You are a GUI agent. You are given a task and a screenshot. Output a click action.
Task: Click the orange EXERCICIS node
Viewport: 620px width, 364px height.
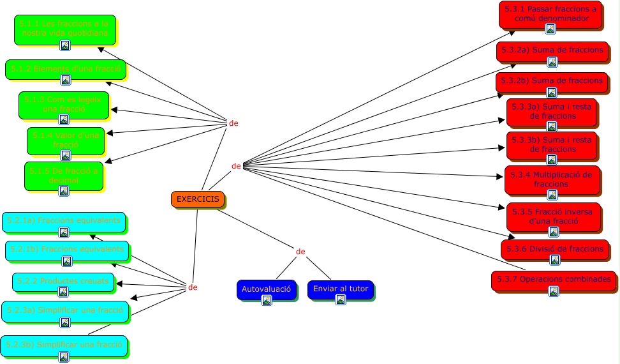pyautogui.click(x=198, y=199)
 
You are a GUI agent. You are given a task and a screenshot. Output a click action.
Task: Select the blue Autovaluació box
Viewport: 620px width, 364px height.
pyautogui.click(x=267, y=289)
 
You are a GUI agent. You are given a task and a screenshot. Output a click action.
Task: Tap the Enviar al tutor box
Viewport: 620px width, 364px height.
pyautogui.click(x=341, y=289)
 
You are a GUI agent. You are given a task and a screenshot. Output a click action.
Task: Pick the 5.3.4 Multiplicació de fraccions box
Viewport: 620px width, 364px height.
pyautogui.click(x=552, y=179)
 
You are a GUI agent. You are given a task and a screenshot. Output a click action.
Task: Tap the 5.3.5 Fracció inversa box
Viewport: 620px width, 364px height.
pyautogui.click(x=552, y=216)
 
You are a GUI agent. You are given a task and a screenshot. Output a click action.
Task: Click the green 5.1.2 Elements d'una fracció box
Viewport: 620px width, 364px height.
pyautogui.click(x=66, y=69)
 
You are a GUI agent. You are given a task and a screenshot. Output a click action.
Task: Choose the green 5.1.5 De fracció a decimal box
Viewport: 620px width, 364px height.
pyautogui.click(x=64, y=176)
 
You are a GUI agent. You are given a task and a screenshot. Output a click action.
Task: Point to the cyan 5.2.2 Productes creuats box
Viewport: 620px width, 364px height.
pyautogui.click(x=63, y=282)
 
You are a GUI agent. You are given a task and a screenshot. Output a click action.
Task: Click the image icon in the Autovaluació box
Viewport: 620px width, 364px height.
pyautogui.click(x=267, y=300)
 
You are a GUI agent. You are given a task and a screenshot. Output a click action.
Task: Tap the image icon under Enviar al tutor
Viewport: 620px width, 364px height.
pyautogui.click(x=341, y=300)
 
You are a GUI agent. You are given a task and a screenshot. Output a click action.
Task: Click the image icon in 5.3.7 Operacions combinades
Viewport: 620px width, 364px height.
pyautogui.click(x=554, y=291)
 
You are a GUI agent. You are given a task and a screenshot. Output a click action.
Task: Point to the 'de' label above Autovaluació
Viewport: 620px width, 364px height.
pyautogui.click(x=301, y=251)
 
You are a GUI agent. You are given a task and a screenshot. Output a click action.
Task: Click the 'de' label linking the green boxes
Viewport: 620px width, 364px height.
pyautogui.click(x=233, y=123)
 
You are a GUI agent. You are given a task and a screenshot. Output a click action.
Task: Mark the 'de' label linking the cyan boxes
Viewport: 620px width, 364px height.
pyautogui.click(x=193, y=287)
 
